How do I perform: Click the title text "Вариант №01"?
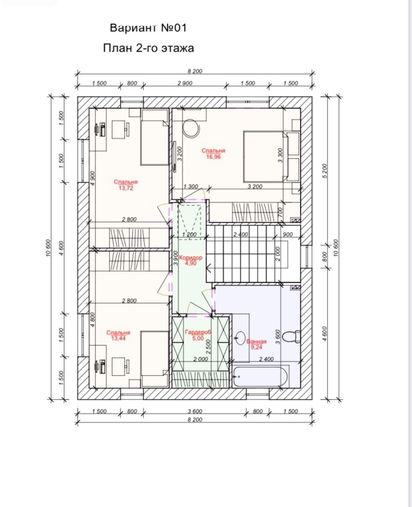click(149, 28)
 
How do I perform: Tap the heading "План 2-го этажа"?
click(149, 48)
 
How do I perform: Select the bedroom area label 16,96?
click(213, 157)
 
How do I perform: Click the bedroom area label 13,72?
click(126, 188)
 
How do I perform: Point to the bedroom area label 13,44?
click(118, 338)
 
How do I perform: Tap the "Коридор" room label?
click(190, 258)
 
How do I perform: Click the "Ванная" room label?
click(257, 342)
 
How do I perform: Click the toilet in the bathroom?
click(292, 336)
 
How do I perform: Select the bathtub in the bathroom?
click(260, 377)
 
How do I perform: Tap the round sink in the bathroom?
click(240, 339)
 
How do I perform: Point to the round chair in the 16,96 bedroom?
click(191, 128)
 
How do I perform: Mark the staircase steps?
click(241, 254)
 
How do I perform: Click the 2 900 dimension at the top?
click(185, 83)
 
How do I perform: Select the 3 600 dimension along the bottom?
click(195, 412)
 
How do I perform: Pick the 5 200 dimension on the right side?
click(325, 171)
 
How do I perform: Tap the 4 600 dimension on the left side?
click(62, 248)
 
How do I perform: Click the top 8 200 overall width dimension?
click(195, 71)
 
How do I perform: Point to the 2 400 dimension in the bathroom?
click(266, 359)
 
